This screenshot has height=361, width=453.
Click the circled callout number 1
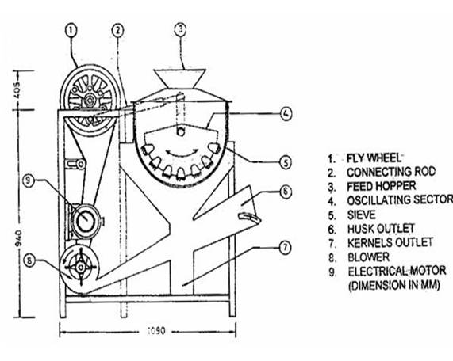(71, 30)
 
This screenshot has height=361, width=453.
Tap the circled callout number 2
(117, 30)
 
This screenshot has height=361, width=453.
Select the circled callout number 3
(180, 29)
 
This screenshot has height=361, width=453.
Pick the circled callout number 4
(286, 114)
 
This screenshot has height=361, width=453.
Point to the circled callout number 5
(286, 162)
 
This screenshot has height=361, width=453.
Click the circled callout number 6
(286, 192)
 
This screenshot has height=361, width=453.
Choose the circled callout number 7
(286, 248)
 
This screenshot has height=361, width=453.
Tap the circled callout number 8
(29, 260)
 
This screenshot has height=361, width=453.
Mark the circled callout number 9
(29, 180)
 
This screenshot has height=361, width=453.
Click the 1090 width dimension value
(156, 330)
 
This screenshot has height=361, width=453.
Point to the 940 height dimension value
(18, 238)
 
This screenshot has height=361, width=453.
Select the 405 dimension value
(17, 90)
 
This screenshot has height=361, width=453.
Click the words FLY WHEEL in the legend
(374, 158)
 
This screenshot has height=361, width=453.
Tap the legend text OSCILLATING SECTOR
(400, 200)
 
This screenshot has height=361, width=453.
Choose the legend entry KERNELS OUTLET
(390, 243)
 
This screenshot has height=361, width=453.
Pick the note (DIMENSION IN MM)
(394, 286)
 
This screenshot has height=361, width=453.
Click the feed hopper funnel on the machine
(180, 78)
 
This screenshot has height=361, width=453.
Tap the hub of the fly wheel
(90, 100)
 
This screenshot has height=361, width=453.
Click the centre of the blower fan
(81, 268)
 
